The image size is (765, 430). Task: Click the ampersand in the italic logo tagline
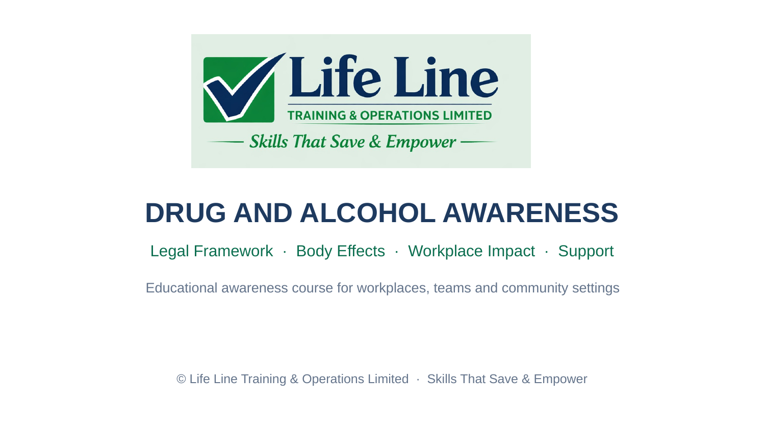coord(375,141)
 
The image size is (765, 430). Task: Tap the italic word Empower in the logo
coord(421,142)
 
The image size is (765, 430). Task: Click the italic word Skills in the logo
coord(268,141)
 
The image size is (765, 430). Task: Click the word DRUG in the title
coord(186,213)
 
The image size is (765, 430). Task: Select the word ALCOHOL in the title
coord(368,213)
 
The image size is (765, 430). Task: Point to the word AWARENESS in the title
coord(530,213)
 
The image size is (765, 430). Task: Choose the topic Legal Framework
coord(212,251)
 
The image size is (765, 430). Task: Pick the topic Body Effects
coord(341,251)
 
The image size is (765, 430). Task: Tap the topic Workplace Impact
coord(471,252)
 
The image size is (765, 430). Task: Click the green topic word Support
coord(585,252)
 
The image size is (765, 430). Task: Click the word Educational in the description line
coord(182,288)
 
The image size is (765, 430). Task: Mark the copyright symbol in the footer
coord(181,379)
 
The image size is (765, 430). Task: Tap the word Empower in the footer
coord(560,380)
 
